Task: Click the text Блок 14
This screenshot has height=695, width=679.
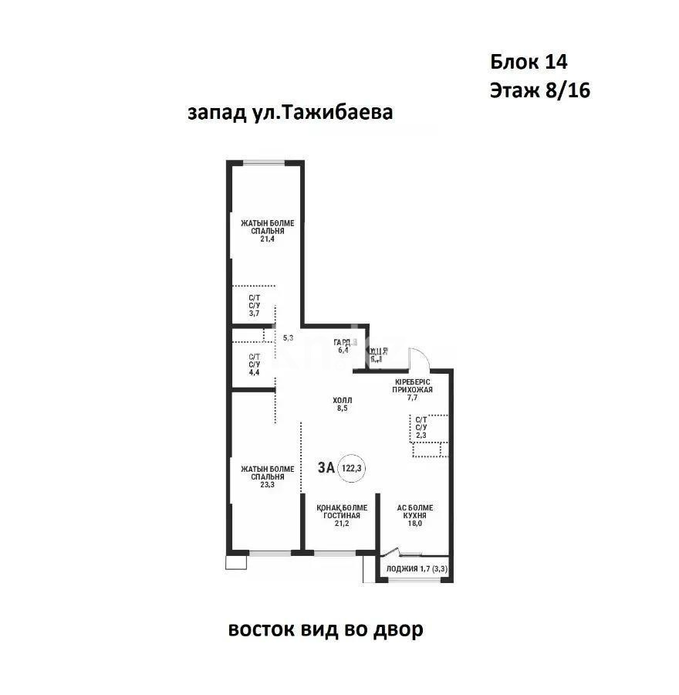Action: point(529,61)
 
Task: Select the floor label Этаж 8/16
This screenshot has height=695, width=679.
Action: point(539,90)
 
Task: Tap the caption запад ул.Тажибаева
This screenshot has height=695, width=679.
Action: point(290,113)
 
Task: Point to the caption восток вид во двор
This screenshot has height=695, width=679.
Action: point(325,630)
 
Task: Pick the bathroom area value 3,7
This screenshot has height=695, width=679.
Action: point(254,314)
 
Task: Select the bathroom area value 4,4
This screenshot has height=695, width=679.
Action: point(254,372)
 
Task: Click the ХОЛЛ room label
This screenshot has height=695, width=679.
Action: point(343,400)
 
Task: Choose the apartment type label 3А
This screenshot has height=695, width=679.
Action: point(326,467)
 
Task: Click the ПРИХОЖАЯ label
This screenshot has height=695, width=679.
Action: point(411,390)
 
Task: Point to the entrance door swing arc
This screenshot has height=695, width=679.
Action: point(419,357)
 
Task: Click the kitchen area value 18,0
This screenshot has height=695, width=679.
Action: point(415,523)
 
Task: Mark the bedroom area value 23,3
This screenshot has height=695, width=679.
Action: point(267,485)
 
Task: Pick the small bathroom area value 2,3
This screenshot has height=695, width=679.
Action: point(421,435)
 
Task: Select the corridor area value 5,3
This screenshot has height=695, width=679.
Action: point(289,337)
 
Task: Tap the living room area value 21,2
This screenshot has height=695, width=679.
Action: point(342,523)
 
